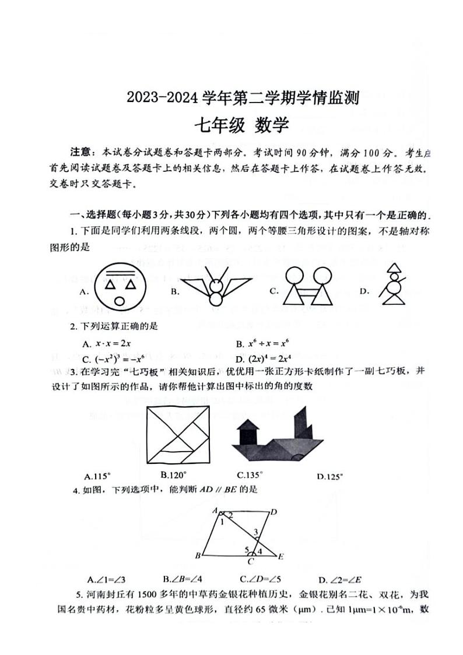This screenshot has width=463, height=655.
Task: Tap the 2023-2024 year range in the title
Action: [164, 97]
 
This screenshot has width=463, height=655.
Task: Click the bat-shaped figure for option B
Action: [216, 287]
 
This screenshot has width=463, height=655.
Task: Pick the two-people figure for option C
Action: [307, 286]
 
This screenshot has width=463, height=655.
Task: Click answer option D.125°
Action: [330, 476]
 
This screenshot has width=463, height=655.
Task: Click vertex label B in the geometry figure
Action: [198, 555]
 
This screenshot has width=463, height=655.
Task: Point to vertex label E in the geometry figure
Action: [280, 557]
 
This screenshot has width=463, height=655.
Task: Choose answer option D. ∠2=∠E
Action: [341, 579]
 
